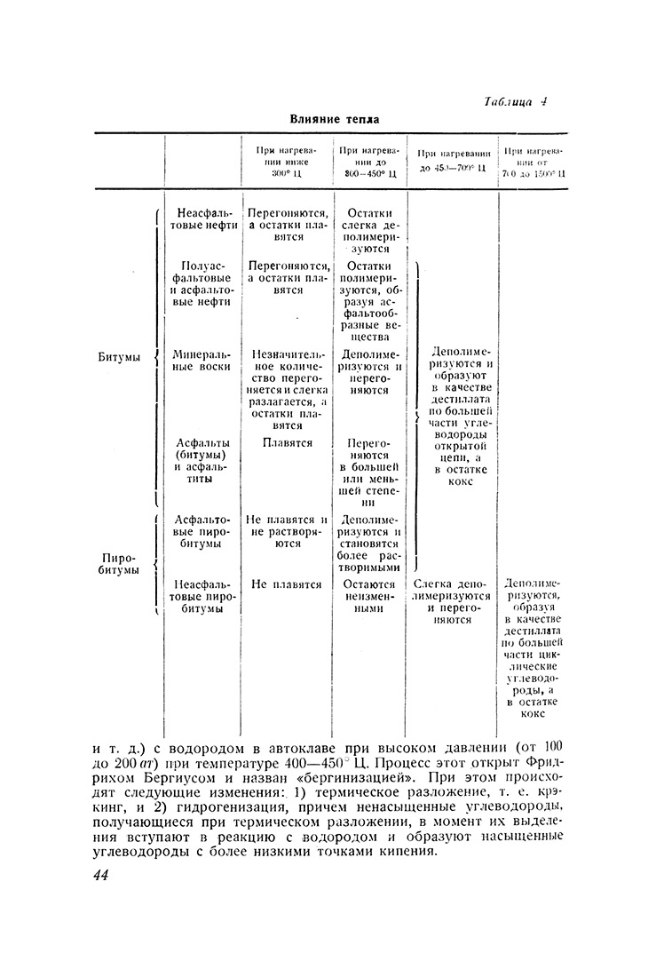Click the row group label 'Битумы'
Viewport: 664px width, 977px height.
[119, 357]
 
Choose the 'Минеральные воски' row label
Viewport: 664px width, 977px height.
[203, 359]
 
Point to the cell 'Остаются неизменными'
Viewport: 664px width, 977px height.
[369, 598]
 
